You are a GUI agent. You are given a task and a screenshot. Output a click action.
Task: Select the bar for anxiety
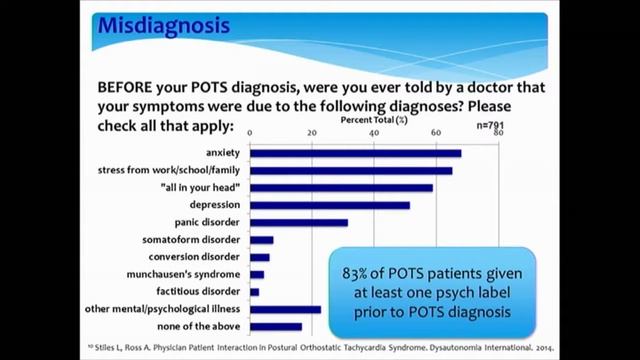point(355,153)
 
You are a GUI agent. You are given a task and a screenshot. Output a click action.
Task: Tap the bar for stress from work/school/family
point(351,170)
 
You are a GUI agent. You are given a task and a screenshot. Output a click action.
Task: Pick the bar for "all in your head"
point(341,188)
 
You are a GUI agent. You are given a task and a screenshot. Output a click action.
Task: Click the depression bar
point(330,205)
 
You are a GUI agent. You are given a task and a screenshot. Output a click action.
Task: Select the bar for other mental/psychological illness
point(285,309)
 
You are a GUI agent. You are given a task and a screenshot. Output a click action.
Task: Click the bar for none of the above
point(275,326)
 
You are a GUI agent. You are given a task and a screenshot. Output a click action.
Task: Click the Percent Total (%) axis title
point(372,119)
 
